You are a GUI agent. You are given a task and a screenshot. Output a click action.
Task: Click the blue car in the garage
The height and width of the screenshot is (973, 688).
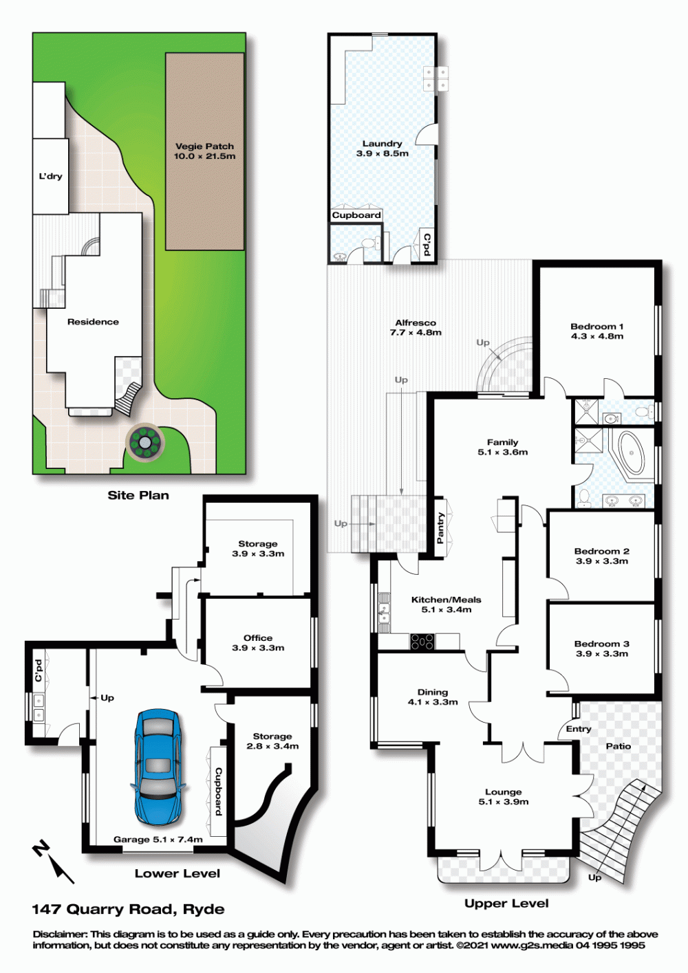(158, 767)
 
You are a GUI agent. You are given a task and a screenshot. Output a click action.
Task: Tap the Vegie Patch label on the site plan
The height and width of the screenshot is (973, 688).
(205, 151)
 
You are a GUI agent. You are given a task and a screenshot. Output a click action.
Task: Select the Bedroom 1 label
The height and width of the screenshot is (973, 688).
(597, 331)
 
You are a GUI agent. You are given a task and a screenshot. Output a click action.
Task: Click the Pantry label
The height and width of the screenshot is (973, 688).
(440, 528)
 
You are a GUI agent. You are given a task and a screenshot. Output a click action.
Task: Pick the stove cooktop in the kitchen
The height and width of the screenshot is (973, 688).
(422, 641)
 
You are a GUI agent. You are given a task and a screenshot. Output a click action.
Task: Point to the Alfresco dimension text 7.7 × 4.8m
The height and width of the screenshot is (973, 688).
(416, 333)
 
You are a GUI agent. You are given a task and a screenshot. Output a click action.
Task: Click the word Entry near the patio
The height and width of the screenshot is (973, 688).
(579, 729)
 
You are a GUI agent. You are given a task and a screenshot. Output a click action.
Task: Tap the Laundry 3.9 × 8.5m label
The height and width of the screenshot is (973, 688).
(382, 148)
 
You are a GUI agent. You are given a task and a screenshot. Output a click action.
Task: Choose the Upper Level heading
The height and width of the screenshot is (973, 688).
(506, 904)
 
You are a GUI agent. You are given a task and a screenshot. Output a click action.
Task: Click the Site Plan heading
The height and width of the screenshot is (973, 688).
(138, 495)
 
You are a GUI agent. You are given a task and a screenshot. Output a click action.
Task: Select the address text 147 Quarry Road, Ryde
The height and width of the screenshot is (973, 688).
(129, 909)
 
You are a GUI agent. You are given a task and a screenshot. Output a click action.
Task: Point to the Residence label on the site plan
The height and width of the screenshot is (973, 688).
(93, 322)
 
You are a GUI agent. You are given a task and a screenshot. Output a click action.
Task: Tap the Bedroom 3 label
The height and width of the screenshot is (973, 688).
(602, 648)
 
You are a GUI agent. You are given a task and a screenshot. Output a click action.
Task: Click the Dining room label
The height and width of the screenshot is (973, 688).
(433, 697)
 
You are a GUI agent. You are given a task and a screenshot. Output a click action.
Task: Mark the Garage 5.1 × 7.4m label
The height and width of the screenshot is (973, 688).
(158, 840)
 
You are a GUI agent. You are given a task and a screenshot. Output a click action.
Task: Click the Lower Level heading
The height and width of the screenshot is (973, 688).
(178, 873)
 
